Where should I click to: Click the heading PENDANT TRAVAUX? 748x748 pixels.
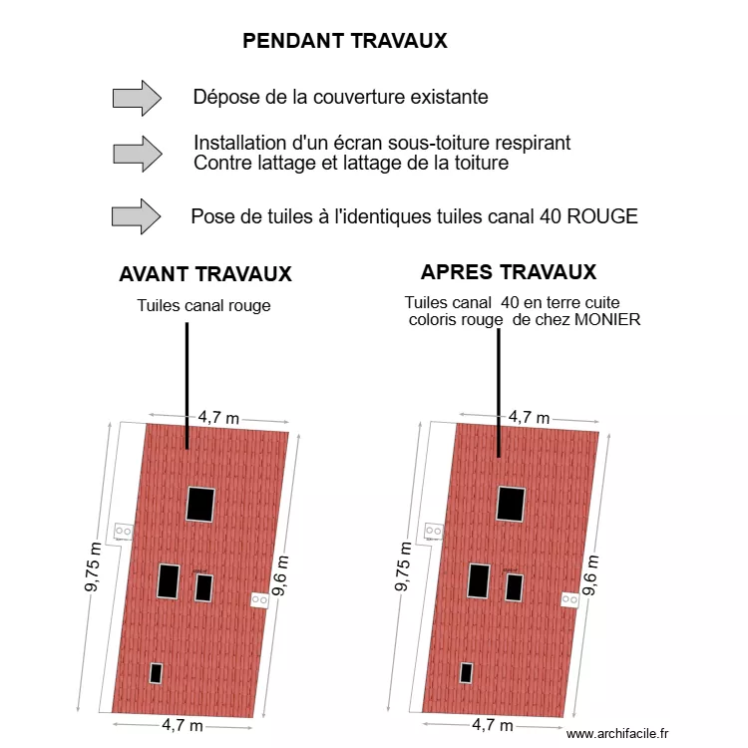(345, 41)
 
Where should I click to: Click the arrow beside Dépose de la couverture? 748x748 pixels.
(137, 98)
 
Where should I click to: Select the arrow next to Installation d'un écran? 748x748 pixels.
(137, 153)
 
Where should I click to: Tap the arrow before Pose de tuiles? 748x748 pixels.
(137, 216)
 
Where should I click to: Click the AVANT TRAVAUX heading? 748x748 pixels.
(205, 274)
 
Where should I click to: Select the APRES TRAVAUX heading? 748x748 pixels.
(509, 272)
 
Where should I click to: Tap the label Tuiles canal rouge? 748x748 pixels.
(203, 305)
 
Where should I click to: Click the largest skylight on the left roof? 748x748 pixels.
(200, 504)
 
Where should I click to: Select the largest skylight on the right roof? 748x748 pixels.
(512, 504)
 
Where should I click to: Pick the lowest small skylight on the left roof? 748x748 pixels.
(157, 672)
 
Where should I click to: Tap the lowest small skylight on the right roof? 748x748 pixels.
(467, 672)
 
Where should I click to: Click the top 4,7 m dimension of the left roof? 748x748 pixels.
(218, 417)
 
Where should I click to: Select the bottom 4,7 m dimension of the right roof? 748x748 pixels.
(492, 725)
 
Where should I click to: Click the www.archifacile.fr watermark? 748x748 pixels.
(619, 733)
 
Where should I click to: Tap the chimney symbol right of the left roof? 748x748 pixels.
(259, 599)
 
